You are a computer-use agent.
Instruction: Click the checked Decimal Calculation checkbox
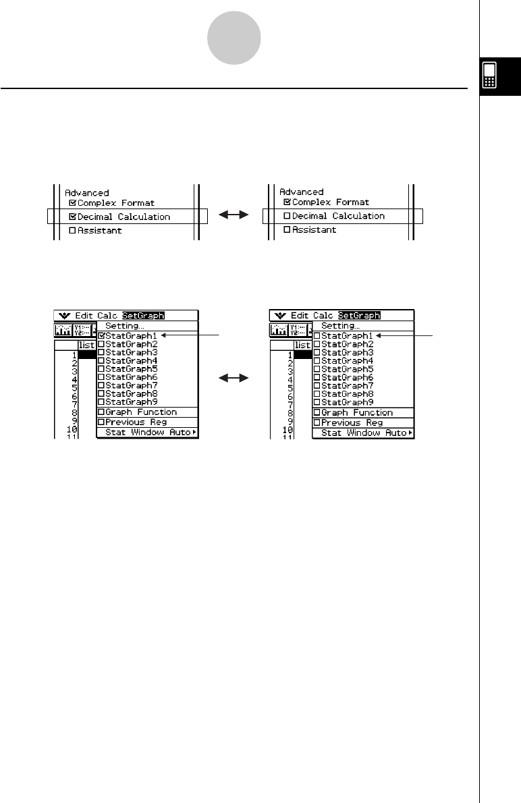(73, 217)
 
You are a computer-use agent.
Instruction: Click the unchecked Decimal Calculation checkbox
(287, 216)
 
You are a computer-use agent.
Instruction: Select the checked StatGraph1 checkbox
(101, 335)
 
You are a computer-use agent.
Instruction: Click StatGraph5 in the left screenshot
(128, 368)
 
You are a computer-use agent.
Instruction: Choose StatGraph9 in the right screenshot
(344, 402)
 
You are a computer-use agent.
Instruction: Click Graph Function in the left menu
(141, 412)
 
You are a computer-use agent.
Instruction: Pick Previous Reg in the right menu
(352, 422)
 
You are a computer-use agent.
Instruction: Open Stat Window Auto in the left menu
(148, 432)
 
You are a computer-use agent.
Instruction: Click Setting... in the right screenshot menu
(341, 326)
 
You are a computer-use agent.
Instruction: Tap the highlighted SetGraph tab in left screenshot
(143, 315)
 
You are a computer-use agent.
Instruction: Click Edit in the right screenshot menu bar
(300, 315)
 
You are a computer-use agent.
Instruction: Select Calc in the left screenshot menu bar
(107, 315)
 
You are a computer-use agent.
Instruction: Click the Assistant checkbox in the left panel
(73, 231)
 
